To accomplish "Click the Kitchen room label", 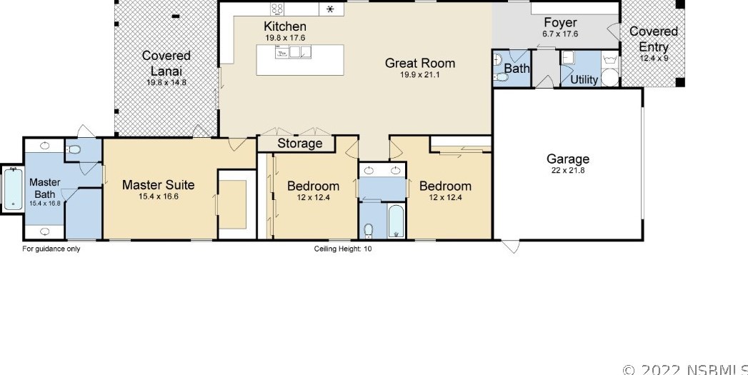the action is pos(285,26).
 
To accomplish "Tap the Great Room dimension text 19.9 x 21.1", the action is pos(420,75).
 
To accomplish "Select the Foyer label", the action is pos(561,23).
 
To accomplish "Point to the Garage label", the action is pos(568,159).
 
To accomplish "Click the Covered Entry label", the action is pos(654,39).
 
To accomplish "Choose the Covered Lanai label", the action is pos(166,64).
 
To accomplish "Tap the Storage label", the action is pos(299,144).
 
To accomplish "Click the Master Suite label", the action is pos(158,185).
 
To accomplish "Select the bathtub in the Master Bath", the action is pos(13,189).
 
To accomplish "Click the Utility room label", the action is pos(584,80).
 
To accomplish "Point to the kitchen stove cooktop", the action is pos(278,9).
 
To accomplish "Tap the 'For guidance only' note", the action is pos(51,249).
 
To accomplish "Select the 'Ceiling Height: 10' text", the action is pos(342,249).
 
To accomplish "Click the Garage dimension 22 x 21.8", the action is pos(568,170).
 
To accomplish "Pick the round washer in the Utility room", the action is pos(609,78).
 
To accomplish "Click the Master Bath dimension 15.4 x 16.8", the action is pos(45,204).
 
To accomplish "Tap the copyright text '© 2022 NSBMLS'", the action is pos(685,370).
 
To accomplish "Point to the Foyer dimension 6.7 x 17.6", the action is pos(561,34).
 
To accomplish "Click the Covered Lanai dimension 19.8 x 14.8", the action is pos(166,82).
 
